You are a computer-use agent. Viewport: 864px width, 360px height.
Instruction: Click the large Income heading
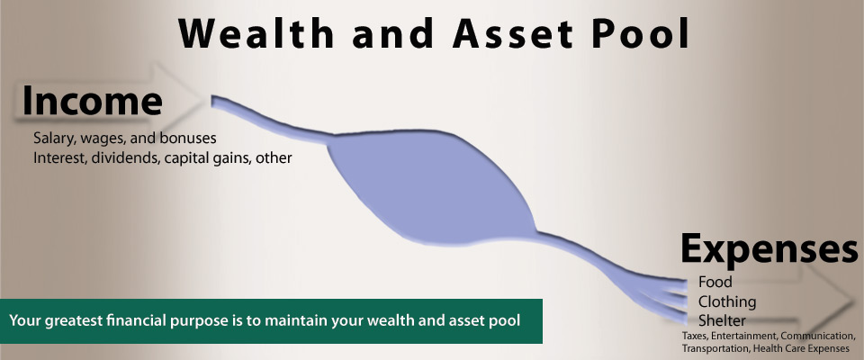(x=92, y=102)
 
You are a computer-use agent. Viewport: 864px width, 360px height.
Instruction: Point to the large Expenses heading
(x=768, y=248)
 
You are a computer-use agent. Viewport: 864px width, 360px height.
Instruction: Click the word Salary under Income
(x=54, y=139)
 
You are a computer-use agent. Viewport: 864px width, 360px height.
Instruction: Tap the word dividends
(x=125, y=157)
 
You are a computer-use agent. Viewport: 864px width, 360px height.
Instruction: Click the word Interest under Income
(x=59, y=157)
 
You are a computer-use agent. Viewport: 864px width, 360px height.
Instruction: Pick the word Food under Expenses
(x=715, y=283)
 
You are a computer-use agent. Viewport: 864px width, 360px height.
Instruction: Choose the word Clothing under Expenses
(x=727, y=301)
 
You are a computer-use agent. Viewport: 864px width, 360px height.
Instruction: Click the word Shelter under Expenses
(x=721, y=320)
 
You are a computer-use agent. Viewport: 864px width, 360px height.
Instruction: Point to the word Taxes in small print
(x=694, y=336)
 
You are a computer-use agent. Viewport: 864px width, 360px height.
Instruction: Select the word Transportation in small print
(x=717, y=347)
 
